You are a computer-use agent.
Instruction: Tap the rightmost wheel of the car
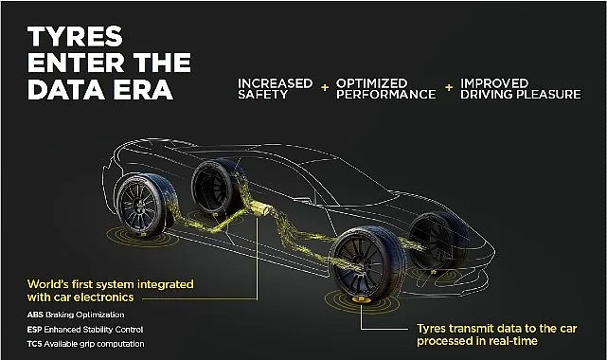439,240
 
